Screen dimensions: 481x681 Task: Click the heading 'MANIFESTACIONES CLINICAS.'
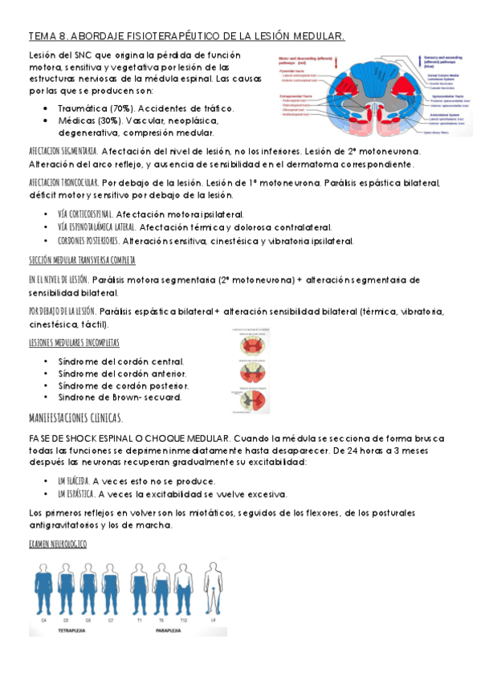pyautogui.click(x=75, y=418)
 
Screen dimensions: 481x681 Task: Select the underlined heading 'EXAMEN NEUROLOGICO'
pyautogui.click(x=57, y=544)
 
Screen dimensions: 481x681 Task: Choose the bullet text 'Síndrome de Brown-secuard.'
pyautogui.click(x=120, y=398)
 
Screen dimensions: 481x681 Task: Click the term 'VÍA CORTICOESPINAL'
pyautogui.click(x=85, y=215)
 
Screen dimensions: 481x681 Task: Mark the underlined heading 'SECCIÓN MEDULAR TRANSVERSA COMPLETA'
pyautogui.click(x=81, y=261)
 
